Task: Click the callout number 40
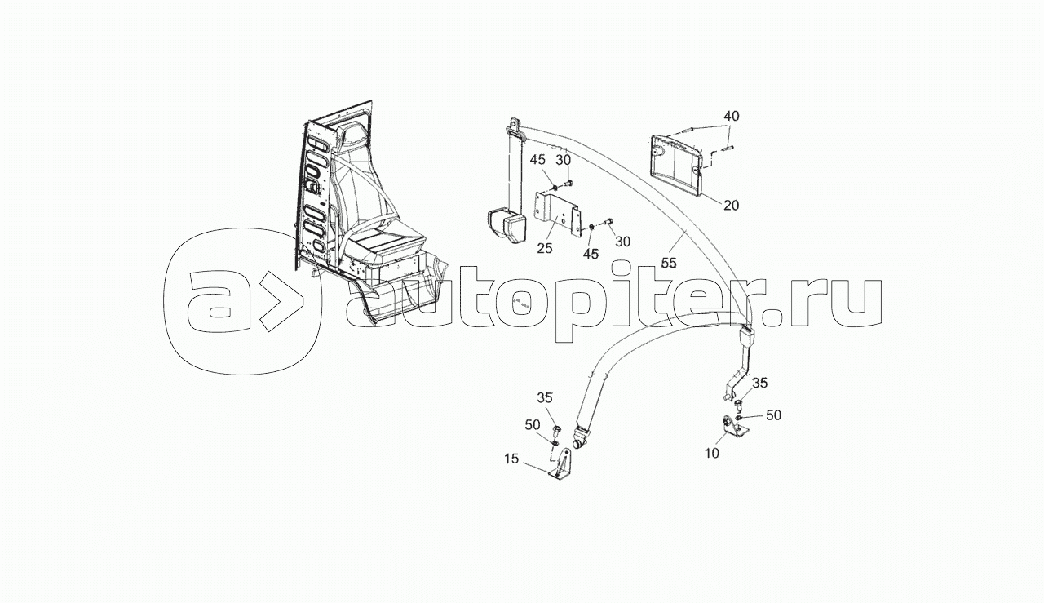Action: coord(732,117)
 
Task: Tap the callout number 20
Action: coord(731,205)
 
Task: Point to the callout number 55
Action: coord(669,263)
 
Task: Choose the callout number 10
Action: coord(712,453)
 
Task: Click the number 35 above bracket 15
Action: coord(545,398)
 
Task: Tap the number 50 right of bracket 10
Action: coord(772,415)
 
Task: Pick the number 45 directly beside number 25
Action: coord(591,254)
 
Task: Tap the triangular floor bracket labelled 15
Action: coord(564,468)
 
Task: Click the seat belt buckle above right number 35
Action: coord(747,336)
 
